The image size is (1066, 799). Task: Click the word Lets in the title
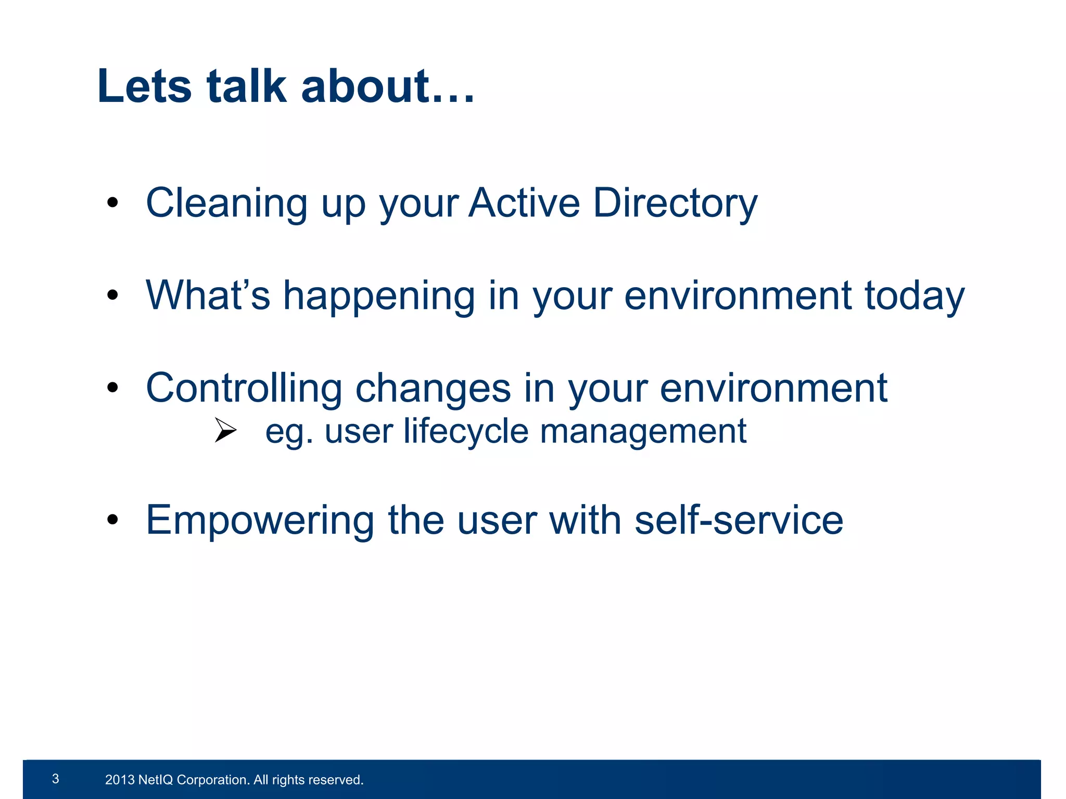(145, 86)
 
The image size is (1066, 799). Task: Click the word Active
(524, 202)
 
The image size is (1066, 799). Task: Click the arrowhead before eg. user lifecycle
(225, 430)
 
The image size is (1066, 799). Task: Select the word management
(643, 432)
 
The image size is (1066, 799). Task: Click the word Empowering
(260, 521)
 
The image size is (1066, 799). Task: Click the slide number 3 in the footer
(56, 779)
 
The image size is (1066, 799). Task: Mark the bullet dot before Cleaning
(113, 203)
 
